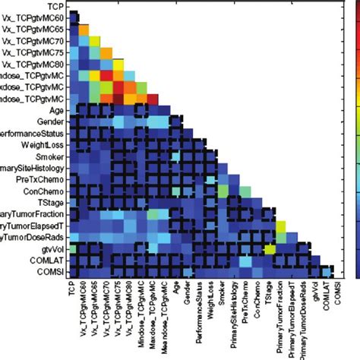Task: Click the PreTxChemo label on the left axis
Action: pyautogui.click(x=42, y=179)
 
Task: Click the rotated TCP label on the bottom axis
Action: pyautogui.click(x=74, y=292)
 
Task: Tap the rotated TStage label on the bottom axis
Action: pyautogui.click(x=268, y=296)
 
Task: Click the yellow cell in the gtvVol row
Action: pyautogui.click(x=268, y=248)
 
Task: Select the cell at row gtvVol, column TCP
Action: pyautogui.click(x=73, y=248)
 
